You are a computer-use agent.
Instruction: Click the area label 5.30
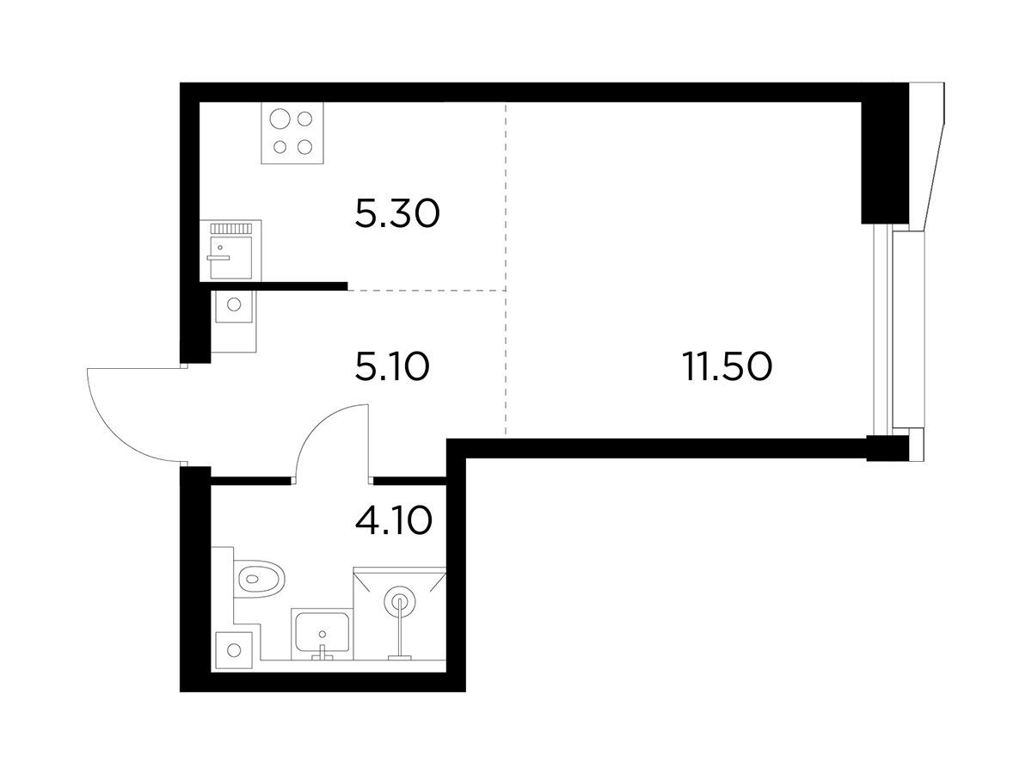[x=397, y=214]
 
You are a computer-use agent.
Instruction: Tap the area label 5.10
[x=392, y=367]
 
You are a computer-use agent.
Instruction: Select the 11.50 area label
[x=727, y=366]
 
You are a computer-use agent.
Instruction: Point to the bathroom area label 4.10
[x=393, y=520]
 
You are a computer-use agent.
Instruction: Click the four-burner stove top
[x=292, y=133]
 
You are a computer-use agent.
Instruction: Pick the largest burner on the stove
[x=279, y=119]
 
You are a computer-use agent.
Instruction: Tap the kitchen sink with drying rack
[x=230, y=250]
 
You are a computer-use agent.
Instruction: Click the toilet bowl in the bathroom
[x=260, y=579]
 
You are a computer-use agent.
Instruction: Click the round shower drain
[x=400, y=599]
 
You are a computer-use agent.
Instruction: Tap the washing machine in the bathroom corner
[x=234, y=650]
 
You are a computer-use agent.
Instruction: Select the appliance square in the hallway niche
[x=234, y=306]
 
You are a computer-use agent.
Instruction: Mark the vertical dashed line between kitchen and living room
[x=506, y=267]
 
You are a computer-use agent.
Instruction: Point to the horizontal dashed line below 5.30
[x=427, y=291]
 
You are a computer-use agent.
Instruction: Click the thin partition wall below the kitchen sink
[x=273, y=286]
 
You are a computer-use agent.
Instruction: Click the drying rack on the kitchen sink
[x=230, y=229]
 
